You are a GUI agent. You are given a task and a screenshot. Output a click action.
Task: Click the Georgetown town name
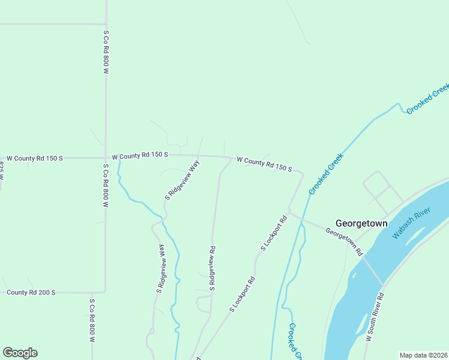[361, 223]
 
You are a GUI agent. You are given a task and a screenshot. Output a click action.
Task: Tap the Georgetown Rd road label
[345, 242]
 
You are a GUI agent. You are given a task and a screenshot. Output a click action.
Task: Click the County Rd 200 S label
[31, 292]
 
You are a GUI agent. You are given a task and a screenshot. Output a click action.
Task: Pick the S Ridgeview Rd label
[211, 268]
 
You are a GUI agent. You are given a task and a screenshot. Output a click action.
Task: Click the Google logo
[20, 353]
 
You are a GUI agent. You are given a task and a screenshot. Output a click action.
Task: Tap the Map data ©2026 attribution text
[423, 355]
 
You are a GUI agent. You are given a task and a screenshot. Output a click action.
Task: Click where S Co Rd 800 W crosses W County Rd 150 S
[106, 158]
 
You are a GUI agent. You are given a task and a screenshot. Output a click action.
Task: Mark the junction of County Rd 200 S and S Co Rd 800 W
[106, 292]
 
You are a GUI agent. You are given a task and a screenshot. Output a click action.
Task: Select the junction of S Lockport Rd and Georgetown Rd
[289, 213]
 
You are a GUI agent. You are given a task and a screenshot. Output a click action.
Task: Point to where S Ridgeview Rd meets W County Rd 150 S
[231, 158]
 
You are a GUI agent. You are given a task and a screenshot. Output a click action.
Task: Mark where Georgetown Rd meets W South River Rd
[382, 284]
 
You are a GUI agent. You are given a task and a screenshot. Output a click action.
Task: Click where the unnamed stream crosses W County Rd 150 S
[119, 158]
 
